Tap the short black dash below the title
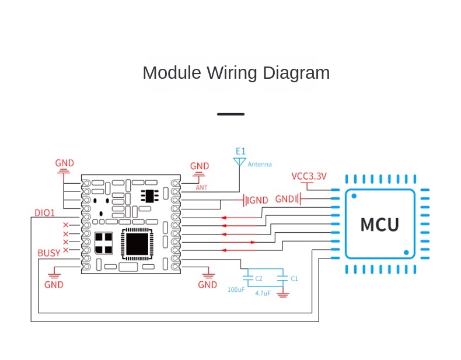click(230, 114)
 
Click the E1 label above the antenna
click(240, 151)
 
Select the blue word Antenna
click(260, 165)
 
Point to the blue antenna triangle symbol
click(239, 161)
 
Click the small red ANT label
click(201, 187)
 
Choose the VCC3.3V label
click(309, 176)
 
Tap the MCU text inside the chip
click(380, 225)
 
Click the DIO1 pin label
click(44, 213)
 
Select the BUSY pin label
click(48, 253)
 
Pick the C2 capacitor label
click(259, 278)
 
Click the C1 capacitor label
click(294, 278)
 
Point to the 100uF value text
click(236, 289)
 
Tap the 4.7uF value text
click(263, 293)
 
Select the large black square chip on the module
click(135, 243)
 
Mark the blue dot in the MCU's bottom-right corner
click(406, 252)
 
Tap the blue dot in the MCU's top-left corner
click(354, 197)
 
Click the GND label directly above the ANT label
click(200, 166)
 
